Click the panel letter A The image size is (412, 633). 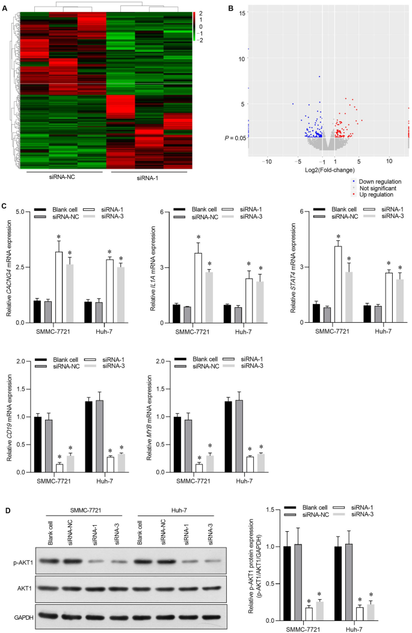coord(5,10)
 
